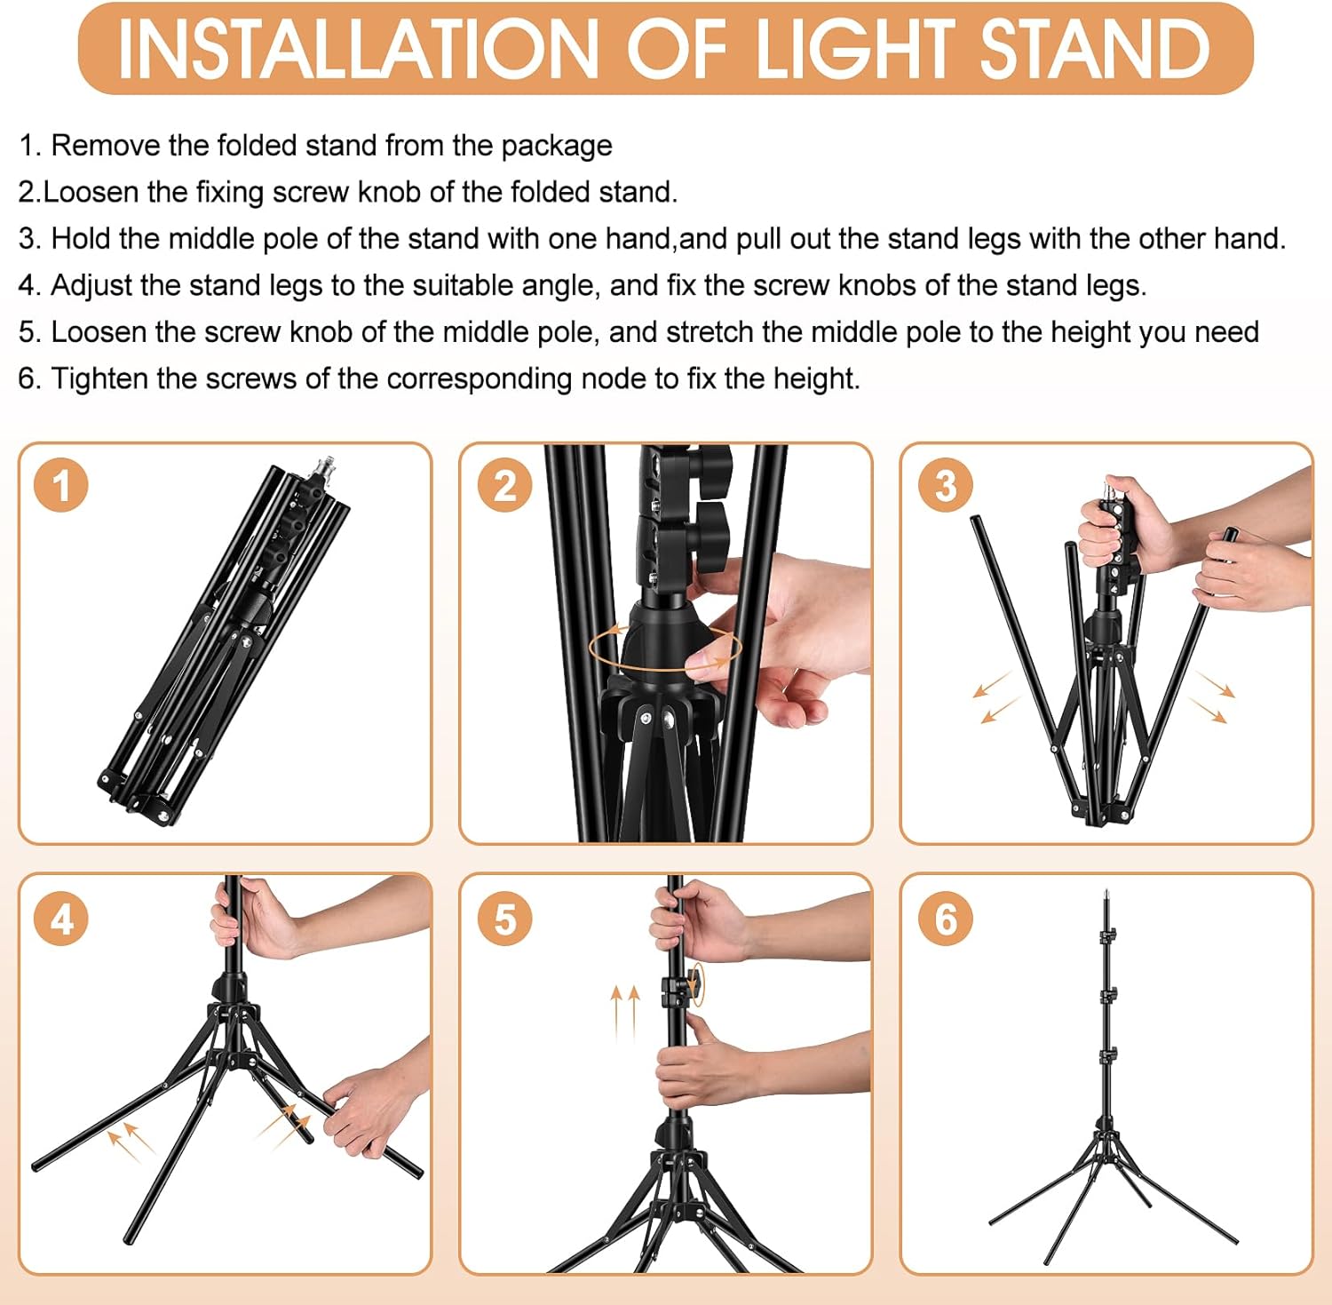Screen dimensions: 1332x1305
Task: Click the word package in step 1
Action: (557, 147)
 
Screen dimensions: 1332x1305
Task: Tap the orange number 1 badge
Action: (61, 485)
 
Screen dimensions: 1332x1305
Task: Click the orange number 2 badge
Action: (504, 485)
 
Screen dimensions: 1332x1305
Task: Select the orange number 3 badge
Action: (946, 485)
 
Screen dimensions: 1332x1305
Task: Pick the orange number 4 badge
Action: (61, 919)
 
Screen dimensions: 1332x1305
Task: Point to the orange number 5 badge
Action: (504, 919)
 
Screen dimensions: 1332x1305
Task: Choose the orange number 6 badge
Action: (946, 919)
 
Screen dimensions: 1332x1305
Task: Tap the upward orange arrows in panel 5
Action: (624, 1012)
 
